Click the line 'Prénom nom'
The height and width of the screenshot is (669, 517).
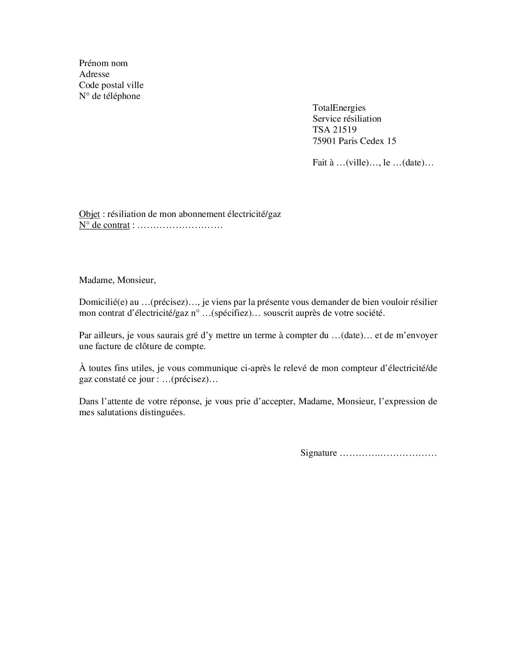[103, 63]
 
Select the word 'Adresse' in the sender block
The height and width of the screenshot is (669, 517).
[94, 74]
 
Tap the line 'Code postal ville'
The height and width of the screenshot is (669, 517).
[111, 85]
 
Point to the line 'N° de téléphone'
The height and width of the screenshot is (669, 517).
[109, 96]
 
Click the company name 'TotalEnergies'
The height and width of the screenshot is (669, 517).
[339, 108]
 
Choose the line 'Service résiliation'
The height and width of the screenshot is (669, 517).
[347, 119]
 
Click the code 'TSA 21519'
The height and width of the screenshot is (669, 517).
[335, 130]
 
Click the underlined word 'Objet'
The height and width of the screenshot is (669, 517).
[89, 214]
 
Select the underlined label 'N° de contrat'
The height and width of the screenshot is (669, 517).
[104, 225]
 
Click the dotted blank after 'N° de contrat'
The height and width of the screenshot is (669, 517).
[180, 225]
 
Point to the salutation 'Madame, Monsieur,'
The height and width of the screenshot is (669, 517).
[117, 280]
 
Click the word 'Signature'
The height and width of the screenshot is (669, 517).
[319, 453]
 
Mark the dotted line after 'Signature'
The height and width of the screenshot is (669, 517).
[388, 453]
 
